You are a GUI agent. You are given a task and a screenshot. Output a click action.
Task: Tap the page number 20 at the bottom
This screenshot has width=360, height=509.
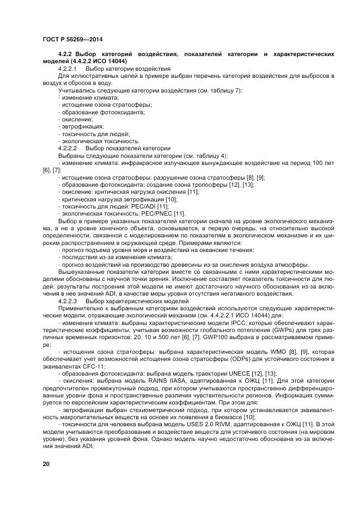46,463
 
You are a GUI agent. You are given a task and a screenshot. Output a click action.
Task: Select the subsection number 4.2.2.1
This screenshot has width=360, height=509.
68,69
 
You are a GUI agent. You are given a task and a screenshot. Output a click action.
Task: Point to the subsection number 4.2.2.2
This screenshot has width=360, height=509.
68,148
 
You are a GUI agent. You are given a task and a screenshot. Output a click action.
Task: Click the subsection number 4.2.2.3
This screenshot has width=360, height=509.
68,300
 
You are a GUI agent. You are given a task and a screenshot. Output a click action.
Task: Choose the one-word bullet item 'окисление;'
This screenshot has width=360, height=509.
77,119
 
